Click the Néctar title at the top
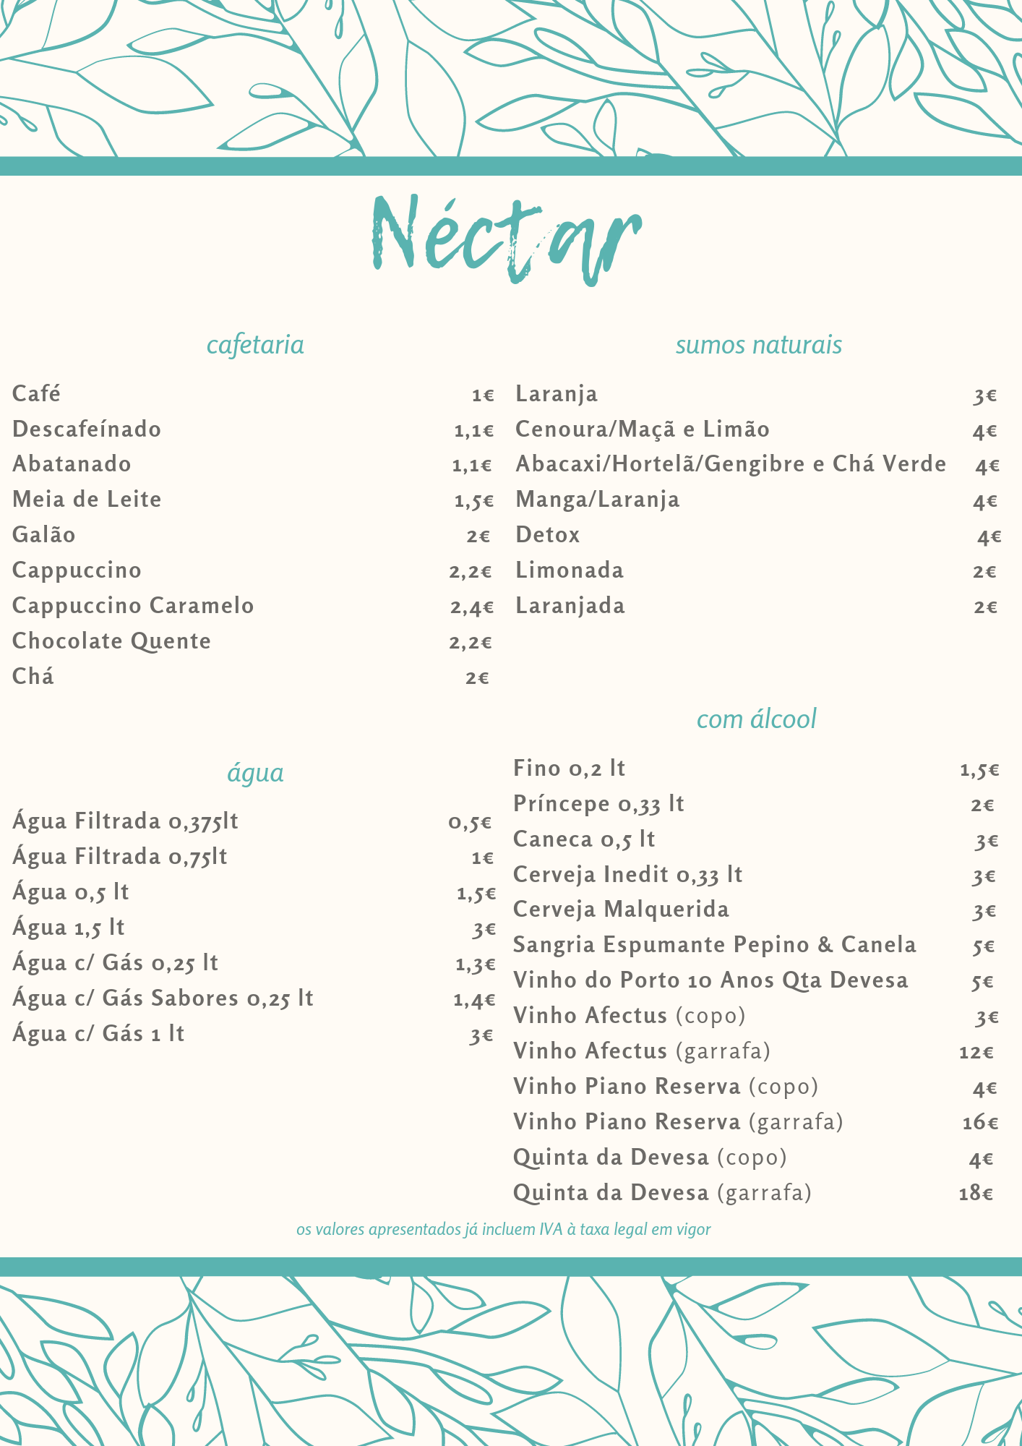coord(506,239)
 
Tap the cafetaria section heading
coord(255,345)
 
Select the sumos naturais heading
coord(758,345)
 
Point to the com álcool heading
coord(756,719)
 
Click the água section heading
coord(255,773)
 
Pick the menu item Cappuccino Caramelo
coord(133,606)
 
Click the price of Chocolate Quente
coord(471,642)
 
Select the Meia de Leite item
coord(87,500)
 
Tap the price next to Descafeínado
coord(473,431)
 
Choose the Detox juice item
coord(548,535)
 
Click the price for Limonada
coord(984,572)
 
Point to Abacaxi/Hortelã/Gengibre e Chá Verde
coord(730,464)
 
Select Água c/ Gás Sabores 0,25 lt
coord(163,998)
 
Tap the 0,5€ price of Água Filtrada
coord(470,823)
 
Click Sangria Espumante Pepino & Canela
coord(714,945)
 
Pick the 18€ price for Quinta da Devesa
coord(976,1193)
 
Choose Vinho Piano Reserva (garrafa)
coord(678,1122)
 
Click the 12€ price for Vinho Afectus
coord(976,1052)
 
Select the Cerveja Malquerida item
coord(621,910)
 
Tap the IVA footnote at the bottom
coord(503,1229)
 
